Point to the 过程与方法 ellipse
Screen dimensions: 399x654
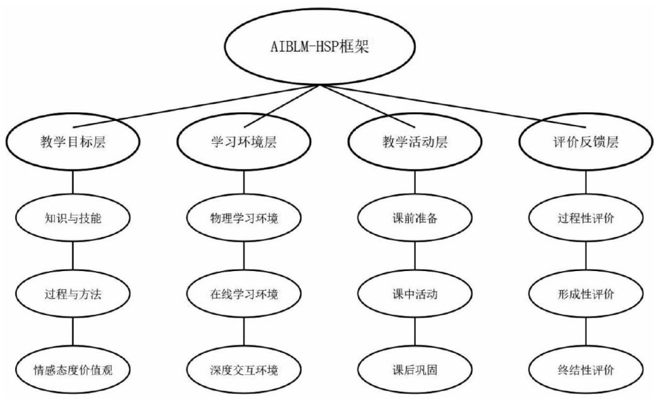pos(72,294)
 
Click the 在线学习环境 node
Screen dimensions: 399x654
pos(244,294)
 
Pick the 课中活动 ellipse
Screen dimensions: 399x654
pos(415,294)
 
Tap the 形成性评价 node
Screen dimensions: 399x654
pos(586,294)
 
